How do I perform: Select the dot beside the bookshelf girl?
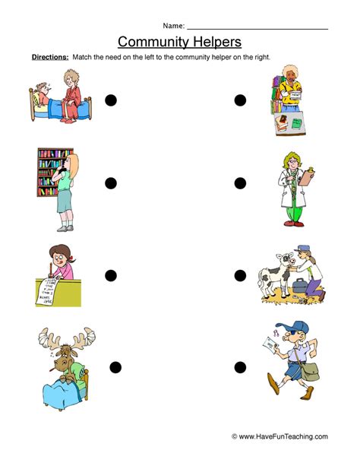[111, 182]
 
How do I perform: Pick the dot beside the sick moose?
[115, 368]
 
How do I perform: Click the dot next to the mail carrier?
[240, 368]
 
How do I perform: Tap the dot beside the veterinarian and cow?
[240, 274]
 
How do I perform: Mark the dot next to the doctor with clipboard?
[240, 182]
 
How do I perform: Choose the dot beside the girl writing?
[111, 274]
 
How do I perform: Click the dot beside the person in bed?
[111, 100]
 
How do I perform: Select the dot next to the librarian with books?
[240, 100]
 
